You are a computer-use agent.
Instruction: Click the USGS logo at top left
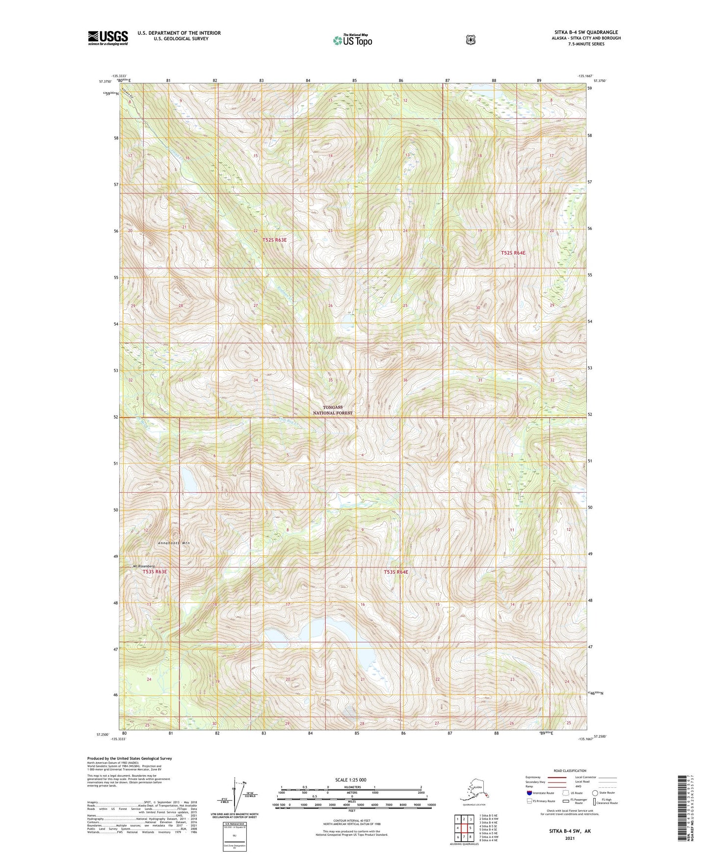click(108, 38)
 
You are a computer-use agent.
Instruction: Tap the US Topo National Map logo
click(352, 40)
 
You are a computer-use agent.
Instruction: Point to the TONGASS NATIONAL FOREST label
click(333, 410)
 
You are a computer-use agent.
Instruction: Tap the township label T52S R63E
click(274, 240)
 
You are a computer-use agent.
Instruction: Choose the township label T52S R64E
click(513, 253)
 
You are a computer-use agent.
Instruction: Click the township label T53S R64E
click(396, 572)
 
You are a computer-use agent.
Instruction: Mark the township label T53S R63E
click(155, 572)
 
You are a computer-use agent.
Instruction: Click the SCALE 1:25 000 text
click(351, 780)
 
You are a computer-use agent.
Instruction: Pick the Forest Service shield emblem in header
click(471, 40)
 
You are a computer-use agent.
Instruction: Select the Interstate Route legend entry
click(540, 793)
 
